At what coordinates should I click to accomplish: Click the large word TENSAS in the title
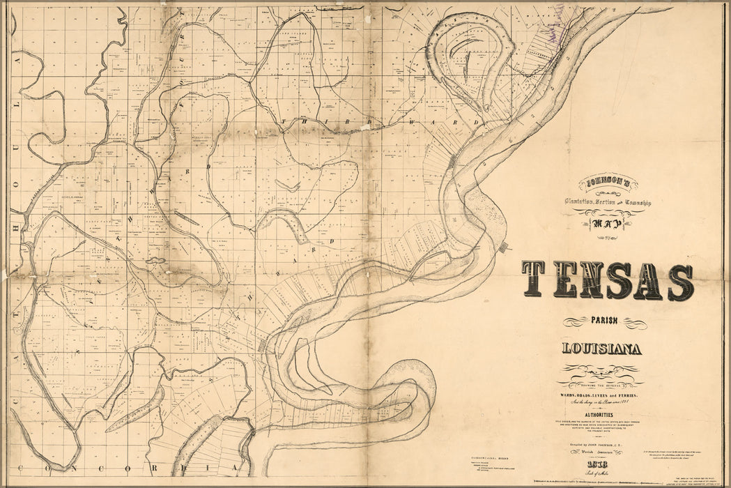(608, 280)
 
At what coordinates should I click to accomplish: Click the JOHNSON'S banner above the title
(607, 186)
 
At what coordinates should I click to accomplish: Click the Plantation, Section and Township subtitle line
(608, 202)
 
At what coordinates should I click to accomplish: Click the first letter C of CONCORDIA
(23, 467)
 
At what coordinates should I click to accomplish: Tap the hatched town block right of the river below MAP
(503, 247)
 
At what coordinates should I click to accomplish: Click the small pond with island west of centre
(155, 261)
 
